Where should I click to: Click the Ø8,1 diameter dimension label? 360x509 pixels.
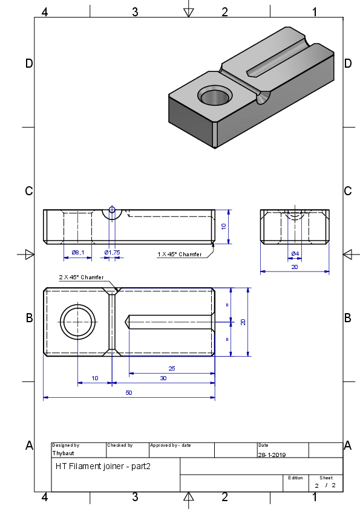click(x=78, y=252)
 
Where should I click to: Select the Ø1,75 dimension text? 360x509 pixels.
click(x=112, y=252)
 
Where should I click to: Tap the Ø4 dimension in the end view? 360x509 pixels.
click(x=295, y=253)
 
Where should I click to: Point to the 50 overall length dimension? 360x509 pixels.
click(x=129, y=392)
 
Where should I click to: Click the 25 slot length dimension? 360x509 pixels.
click(x=172, y=368)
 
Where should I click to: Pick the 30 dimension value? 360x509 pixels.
click(x=163, y=378)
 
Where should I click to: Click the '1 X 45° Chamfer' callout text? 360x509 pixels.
click(x=180, y=254)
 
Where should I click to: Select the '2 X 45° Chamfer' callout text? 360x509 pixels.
click(x=81, y=277)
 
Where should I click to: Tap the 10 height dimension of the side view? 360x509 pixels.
click(x=223, y=227)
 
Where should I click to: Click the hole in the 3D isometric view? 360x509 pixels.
click(x=215, y=96)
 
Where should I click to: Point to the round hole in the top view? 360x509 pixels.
click(x=78, y=322)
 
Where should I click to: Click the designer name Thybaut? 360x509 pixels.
click(x=64, y=453)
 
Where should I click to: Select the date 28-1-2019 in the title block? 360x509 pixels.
click(x=272, y=455)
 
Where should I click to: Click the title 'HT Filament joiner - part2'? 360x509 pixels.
click(x=103, y=467)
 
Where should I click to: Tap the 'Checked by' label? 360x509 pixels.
click(x=120, y=446)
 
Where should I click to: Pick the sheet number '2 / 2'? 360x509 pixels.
click(x=325, y=485)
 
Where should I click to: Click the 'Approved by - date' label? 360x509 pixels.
click(x=170, y=446)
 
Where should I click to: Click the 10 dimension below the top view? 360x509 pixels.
click(x=95, y=378)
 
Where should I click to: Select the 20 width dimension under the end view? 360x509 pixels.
click(x=295, y=267)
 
